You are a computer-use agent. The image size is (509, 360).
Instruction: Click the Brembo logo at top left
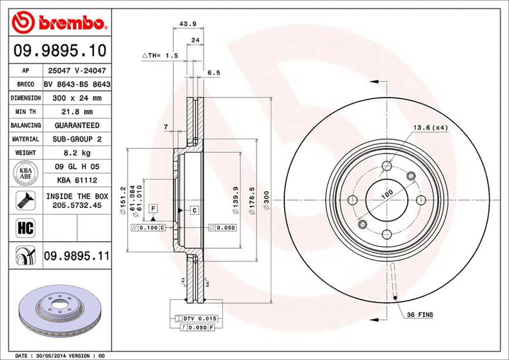59,24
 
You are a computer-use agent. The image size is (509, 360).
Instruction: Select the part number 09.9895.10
59,51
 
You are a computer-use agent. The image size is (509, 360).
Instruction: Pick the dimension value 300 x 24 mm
78,98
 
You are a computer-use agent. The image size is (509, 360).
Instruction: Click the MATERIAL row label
25,139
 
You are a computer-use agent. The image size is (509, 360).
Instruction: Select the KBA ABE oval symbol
25,173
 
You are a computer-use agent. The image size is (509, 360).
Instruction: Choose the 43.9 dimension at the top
187,24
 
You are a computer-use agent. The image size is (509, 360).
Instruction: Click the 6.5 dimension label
215,72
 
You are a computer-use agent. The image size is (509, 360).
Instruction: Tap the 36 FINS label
420,313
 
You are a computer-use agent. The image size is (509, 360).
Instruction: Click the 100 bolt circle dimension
387,193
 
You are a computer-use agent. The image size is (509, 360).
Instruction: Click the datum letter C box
192,211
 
